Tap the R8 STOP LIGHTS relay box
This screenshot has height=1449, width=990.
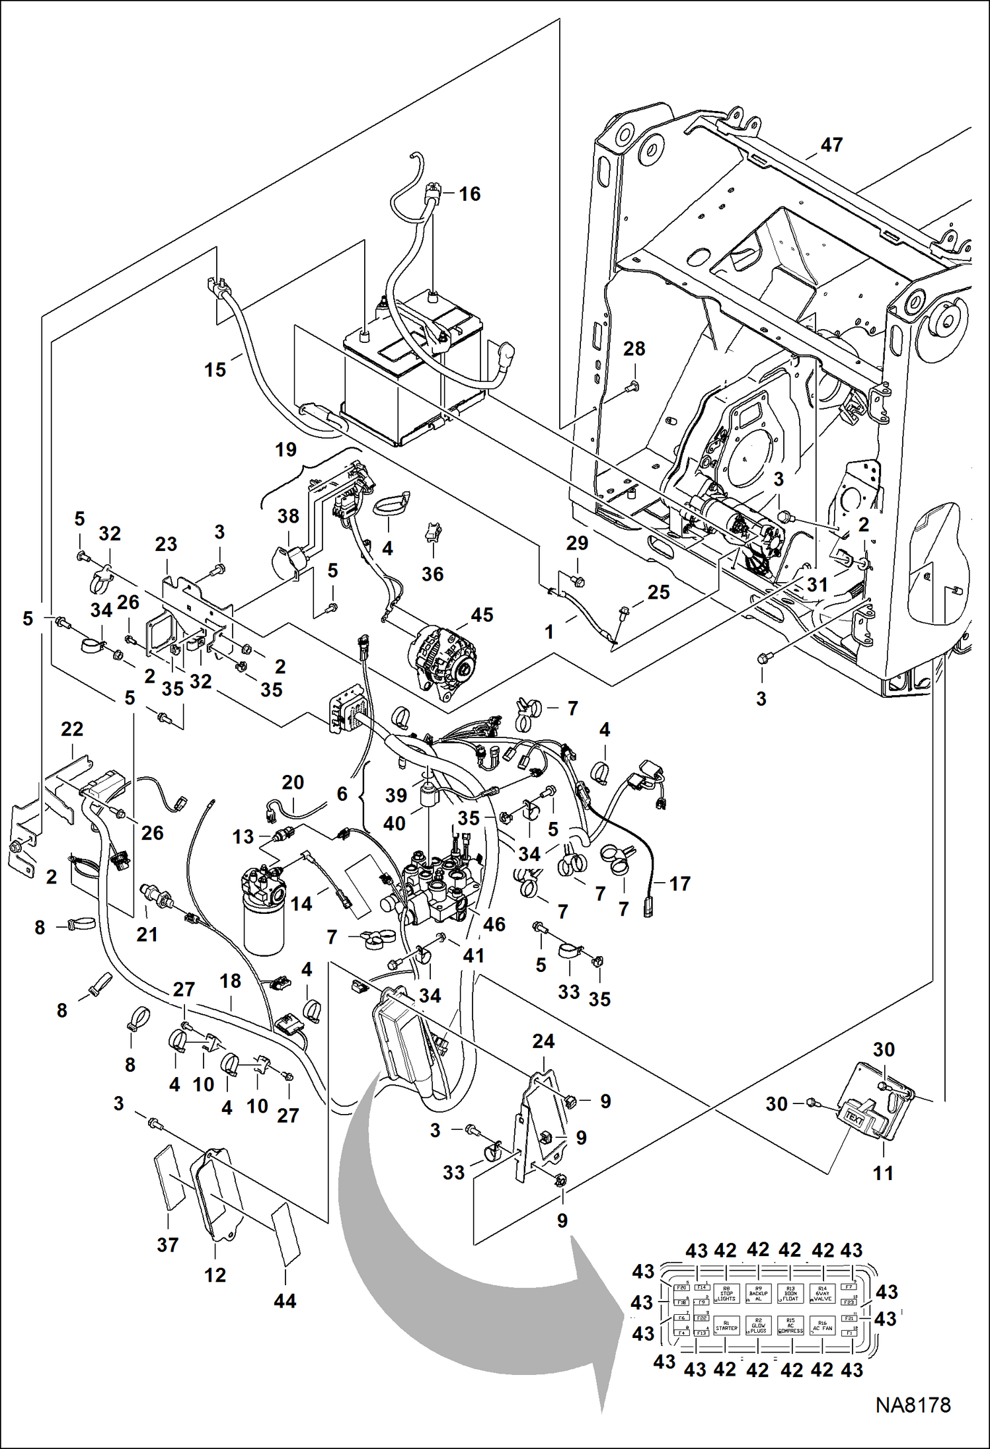[726, 1293]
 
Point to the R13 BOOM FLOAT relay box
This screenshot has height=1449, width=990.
[790, 1293]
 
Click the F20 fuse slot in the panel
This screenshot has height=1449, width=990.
[682, 1288]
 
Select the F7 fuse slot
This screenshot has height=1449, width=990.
[849, 1287]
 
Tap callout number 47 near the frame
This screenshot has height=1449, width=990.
[831, 145]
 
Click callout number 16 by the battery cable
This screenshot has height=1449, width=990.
[469, 194]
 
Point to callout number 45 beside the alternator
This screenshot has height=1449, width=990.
[482, 615]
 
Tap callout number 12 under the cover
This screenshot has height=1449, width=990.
[215, 1275]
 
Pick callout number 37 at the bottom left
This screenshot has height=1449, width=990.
[167, 1245]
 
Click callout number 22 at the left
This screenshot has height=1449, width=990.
[71, 729]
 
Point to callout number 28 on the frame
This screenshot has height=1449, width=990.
[634, 349]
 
